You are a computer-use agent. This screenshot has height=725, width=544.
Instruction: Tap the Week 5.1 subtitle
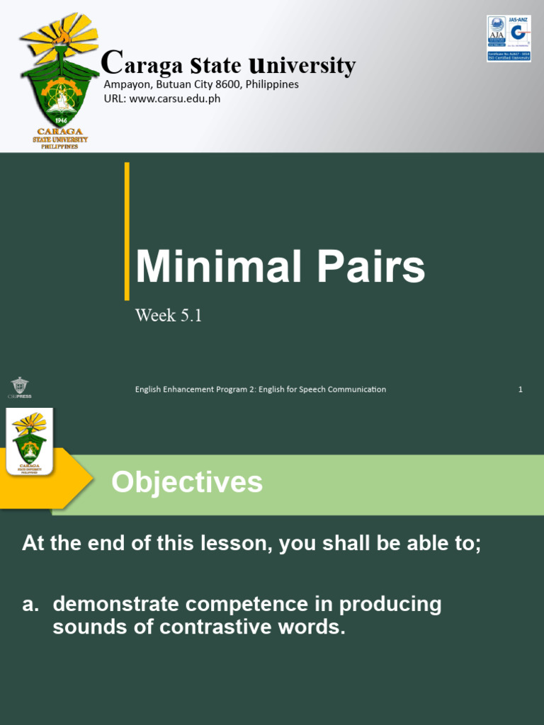169,316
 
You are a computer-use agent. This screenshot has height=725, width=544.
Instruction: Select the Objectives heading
187,483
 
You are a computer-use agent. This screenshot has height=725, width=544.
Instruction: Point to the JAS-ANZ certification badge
509,38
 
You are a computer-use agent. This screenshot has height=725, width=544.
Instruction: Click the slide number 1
521,389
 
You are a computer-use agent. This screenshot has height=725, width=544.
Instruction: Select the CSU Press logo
21,388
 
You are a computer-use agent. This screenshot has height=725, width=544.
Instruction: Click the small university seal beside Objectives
29,443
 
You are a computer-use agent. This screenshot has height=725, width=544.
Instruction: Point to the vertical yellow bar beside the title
127,231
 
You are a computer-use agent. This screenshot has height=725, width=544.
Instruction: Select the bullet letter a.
30,605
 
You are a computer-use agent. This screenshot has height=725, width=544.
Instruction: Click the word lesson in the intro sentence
244,544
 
